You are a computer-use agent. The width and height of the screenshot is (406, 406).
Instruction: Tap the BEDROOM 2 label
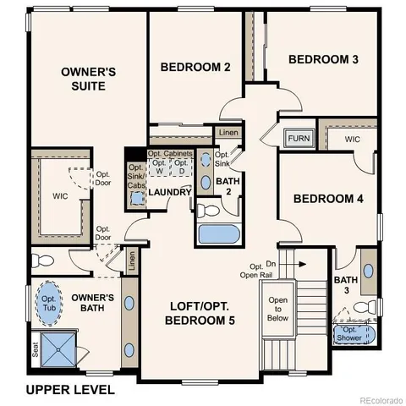click(195, 67)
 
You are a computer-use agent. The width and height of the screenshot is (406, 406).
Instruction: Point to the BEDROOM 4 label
click(328, 199)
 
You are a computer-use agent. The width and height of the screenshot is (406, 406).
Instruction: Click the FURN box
click(298, 138)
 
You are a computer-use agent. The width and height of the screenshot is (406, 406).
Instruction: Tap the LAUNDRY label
click(170, 192)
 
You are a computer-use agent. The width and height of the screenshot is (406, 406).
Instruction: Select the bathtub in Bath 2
click(219, 233)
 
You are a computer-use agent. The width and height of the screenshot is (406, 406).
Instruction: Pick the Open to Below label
click(277, 310)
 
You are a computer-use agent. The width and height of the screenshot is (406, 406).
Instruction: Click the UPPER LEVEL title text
click(70, 390)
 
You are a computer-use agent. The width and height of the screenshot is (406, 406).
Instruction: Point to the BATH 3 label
click(345, 285)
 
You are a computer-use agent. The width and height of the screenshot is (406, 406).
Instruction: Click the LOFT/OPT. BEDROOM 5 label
click(201, 314)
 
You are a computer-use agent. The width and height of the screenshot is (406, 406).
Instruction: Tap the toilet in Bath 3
click(362, 306)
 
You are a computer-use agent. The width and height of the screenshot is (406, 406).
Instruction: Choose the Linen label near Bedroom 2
click(227, 133)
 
